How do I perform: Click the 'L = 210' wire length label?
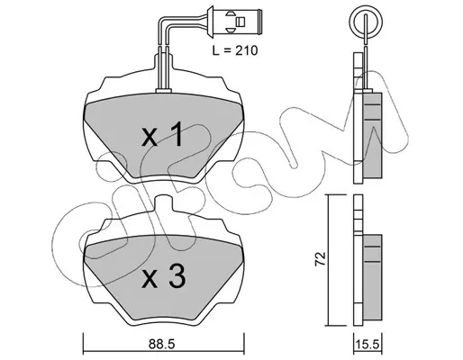pyautogui.click(x=235, y=50)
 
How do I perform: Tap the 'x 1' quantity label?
pyautogui.click(x=162, y=134)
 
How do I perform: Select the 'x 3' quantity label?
pyautogui.click(x=163, y=276)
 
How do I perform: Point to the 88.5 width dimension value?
pyautogui.click(x=161, y=344)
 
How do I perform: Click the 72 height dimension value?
pyautogui.click(x=320, y=258)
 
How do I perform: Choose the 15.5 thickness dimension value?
pyautogui.click(x=368, y=345)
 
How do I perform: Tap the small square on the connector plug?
pyautogui.click(x=241, y=22)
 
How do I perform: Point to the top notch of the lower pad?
pyautogui.click(x=164, y=202)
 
